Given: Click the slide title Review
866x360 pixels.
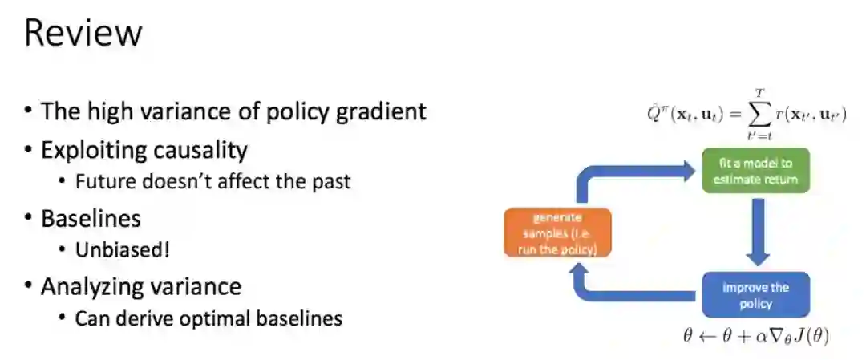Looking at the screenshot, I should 83,34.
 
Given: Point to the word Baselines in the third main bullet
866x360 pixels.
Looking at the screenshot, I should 93,217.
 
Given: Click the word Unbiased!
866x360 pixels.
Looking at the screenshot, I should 123,249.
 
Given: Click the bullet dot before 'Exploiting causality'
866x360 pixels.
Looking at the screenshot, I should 29,150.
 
